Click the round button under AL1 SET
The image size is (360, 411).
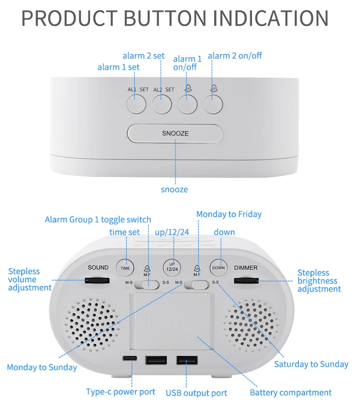pyautogui.click(x=136, y=104)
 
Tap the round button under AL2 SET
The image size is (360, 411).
pyautogui.click(x=162, y=104)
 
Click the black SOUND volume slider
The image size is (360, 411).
pyautogui.click(x=98, y=280)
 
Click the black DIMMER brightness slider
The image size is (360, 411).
pyautogui.click(x=246, y=280)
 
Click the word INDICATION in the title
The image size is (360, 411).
pyautogui.click(x=271, y=18)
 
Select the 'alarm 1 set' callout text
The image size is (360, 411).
pyautogui.click(x=118, y=67)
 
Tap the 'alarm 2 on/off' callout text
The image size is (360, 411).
pyautogui.click(x=235, y=56)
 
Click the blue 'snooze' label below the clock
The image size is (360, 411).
pyautogui.click(x=174, y=189)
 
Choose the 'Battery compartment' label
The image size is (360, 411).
pyautogui.click(x=291, y=392)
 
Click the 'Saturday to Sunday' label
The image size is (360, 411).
pyautogui.click(x=311, y=364)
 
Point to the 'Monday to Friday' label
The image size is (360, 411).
pyautogui.click(x=229, y=214)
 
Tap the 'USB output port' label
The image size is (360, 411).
pyautogui.click(x=196, y=393)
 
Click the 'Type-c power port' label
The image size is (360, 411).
pyautogui.click(x=121, y=391)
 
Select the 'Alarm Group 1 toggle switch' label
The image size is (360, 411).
pyautogui.click(x=98, y=219)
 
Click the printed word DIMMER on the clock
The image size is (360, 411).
pyautogui.click(x=246, y=268)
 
